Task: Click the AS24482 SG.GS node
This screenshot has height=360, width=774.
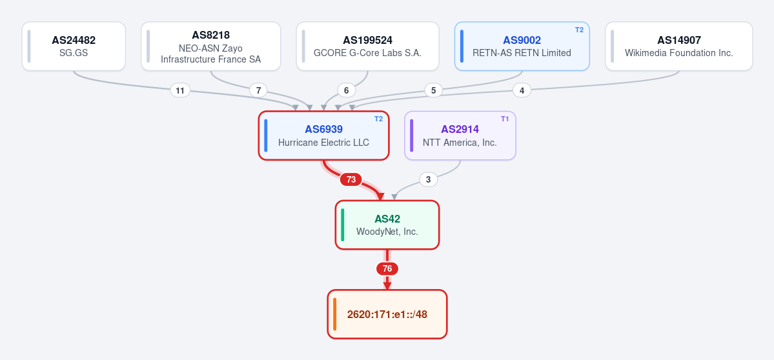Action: (74, 46)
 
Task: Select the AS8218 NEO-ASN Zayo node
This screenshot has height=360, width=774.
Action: (211, 46)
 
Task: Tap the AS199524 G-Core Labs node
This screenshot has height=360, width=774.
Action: (368, 46)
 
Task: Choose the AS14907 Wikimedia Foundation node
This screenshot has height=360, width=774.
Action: (678, 46)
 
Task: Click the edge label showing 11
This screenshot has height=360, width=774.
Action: (180, 90)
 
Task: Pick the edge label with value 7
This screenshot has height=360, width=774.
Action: (258, 90)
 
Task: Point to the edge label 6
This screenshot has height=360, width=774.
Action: (347, 90)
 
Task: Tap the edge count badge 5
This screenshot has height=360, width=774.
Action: (433, 90)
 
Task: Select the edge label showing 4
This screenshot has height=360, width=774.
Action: (522, 90)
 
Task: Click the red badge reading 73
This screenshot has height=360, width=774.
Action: (351, 179)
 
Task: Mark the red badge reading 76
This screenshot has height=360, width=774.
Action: (387, 269)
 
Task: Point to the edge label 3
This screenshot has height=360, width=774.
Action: (429, 179)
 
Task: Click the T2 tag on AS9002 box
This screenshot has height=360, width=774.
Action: (579, 30)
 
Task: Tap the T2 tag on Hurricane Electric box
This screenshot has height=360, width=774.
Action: (379, 119)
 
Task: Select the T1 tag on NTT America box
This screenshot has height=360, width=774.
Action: (505, 119)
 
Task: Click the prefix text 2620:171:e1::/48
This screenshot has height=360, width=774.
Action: (387, 315)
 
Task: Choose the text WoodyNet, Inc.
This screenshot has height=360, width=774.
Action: (387, 231)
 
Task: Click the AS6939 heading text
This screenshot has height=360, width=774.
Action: (324, 129)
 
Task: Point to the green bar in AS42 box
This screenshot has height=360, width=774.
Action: (343, 225)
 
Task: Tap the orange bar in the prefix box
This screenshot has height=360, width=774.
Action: (334, 314)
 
